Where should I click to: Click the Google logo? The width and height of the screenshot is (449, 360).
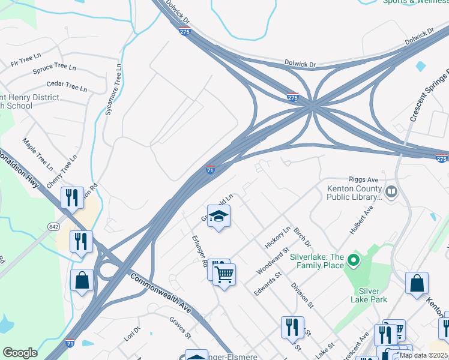click(20, 353)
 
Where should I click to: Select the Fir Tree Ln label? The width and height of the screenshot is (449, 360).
click(25, 61)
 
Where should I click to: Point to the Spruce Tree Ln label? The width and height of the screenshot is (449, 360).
click(55, 68)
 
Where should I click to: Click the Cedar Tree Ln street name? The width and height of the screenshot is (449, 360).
click(67, 86)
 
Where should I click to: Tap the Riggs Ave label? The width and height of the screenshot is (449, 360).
click(363, 179)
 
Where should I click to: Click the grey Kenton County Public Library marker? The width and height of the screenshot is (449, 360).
click(392, 192)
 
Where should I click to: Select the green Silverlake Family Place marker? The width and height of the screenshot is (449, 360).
click(354, 260)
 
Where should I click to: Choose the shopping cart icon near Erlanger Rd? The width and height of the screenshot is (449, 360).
click(224, 275)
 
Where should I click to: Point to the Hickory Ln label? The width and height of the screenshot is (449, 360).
click(277, 238)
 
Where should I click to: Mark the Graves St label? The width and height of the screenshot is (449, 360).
click(180, 328)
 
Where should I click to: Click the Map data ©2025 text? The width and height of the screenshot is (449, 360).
click(422, 355)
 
